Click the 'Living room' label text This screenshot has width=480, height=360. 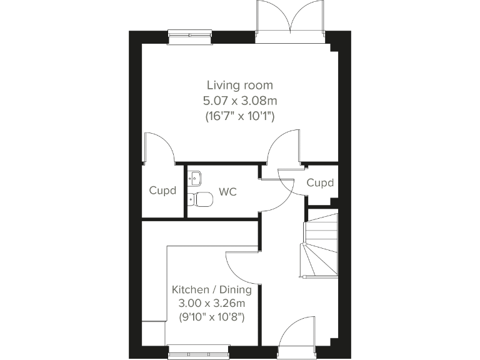pyautogui.click(x=240, y=85)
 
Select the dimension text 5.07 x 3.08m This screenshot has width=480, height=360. pyautogui.click(x=240, y=101)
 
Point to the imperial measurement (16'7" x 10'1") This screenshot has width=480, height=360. pyautogui.click(x=240, y=116)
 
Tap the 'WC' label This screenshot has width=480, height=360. pyautogui.click(x=227, y=192)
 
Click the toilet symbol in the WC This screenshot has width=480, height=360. pyautogui.click(x=201, y=199)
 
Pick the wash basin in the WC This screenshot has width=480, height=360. pyautogui.click(x=195, y=177)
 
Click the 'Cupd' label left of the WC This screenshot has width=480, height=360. pyautogui.click(x=162, y=191)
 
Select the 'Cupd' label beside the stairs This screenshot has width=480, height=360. pyautogui.click(x=320, y=183)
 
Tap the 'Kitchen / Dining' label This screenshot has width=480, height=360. pyautogui.click(x=212, y=290)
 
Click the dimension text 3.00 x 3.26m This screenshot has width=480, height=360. pyautogui.click(x=212, y=304)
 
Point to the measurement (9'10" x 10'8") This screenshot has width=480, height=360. pyautogui.click(x=212, y=317)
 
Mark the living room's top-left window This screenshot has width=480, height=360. pyautogui.click(x=190, y=37)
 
